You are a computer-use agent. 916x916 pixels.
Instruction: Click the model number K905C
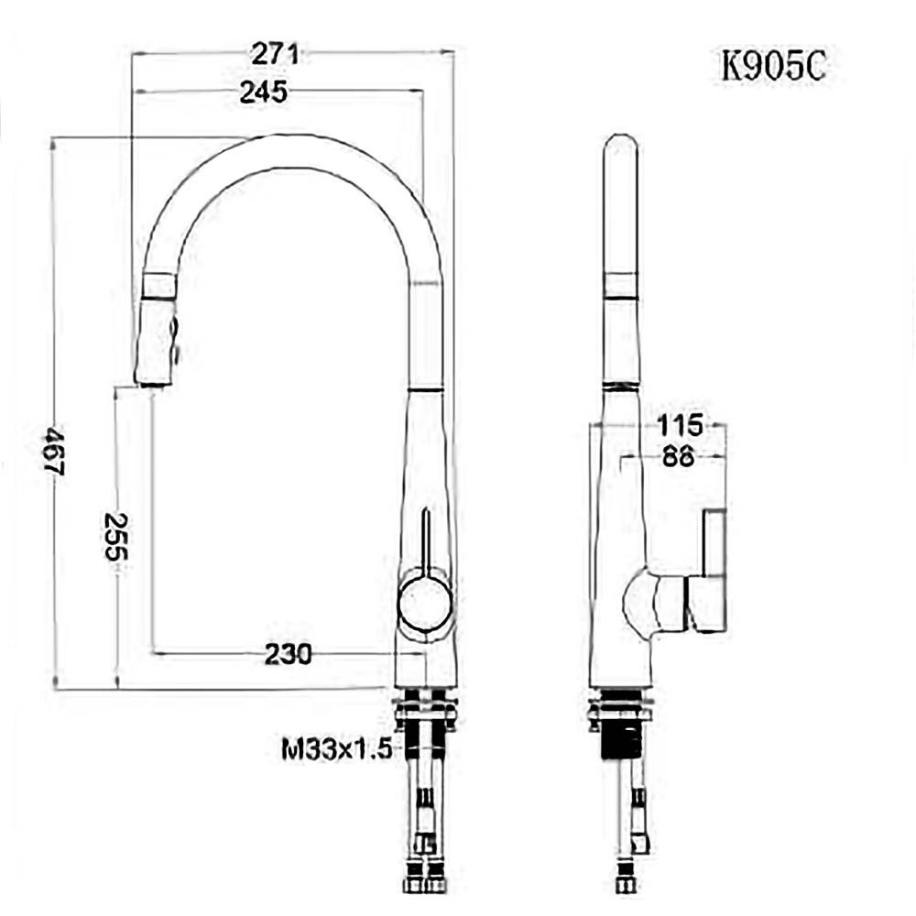(773, 65)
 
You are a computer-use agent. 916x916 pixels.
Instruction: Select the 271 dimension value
(275, 54)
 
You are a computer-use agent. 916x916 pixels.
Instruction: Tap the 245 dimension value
(264, 92)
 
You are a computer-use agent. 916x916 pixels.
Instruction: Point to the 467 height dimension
(55, 450)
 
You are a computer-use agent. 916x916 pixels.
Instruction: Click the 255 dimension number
(115, 536)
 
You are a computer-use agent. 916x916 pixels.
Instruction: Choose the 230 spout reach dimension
(288, 654)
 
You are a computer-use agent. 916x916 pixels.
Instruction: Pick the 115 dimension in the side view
(680, 425)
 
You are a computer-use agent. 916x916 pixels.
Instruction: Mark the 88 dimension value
(678, 455)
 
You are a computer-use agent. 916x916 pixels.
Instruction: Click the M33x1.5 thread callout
(336, 748)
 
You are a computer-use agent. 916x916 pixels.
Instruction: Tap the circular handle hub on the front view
(425, 603)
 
